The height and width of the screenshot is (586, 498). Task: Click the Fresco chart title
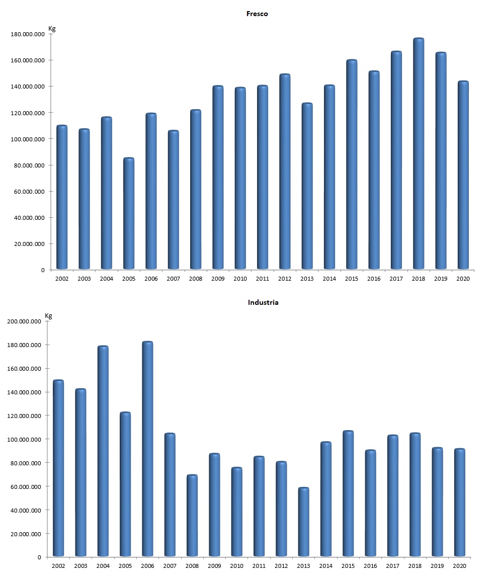point(257,14)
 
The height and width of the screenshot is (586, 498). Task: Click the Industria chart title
point(263,302)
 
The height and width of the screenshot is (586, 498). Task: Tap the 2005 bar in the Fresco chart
point(129,214)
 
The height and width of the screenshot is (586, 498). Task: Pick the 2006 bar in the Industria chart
point(147,449)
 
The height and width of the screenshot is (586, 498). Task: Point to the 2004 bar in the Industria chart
point(103,451)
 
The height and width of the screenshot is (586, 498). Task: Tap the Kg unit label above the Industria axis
point(49,316)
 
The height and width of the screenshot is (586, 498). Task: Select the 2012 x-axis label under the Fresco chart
point(285,279)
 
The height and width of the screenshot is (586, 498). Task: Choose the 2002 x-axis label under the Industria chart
point(58,566)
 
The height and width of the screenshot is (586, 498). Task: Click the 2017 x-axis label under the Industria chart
point(392,566)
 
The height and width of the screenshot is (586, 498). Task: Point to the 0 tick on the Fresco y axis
point(42,270)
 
